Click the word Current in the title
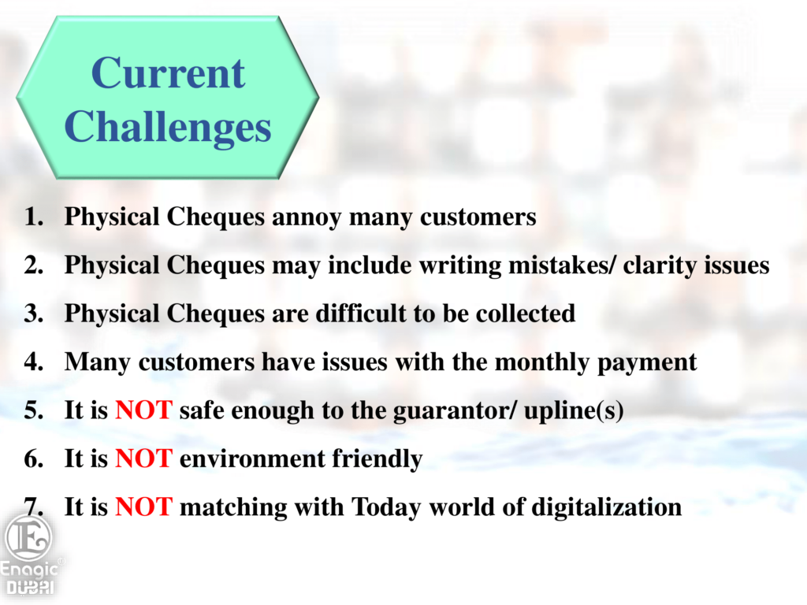[168, 73]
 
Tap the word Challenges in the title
[168, 127]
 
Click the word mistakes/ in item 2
[562, 265]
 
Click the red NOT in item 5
[143, 410]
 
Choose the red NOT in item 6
[143, 459]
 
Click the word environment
[252, 459]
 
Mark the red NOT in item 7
[143, 507]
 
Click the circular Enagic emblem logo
[28, 538]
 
